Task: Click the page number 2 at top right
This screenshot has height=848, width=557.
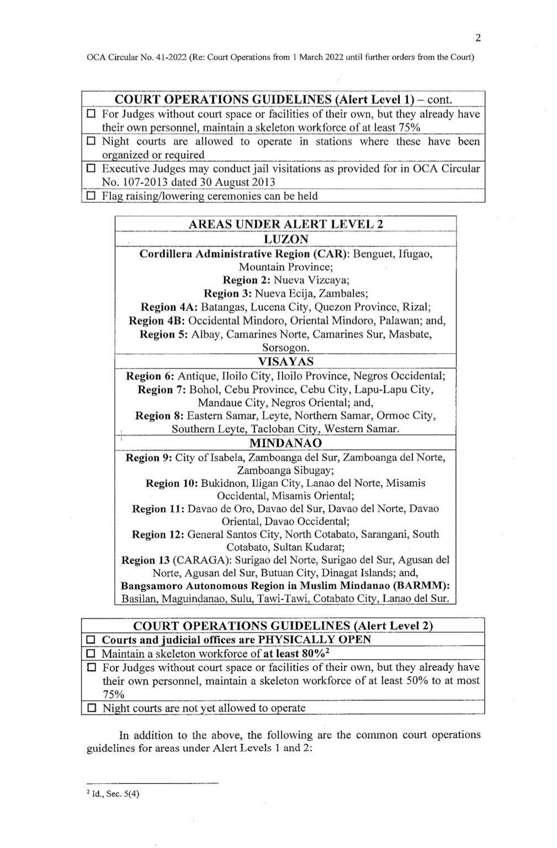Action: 478,38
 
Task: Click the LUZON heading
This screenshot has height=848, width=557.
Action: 285,239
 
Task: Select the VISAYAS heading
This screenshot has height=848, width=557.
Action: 285,362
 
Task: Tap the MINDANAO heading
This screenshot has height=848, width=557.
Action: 285,443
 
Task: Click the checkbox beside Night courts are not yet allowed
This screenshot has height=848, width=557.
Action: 91,708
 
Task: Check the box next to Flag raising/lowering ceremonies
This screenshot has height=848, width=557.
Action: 91,196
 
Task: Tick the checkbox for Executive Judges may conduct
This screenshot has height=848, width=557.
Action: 91,169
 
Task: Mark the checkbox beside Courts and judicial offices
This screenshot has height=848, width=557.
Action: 91,640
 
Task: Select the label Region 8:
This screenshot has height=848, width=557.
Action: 160,416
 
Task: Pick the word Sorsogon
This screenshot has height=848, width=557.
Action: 285,348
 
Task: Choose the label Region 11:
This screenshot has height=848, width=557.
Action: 158,508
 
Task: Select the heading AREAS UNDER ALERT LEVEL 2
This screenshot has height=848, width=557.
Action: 285,224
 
